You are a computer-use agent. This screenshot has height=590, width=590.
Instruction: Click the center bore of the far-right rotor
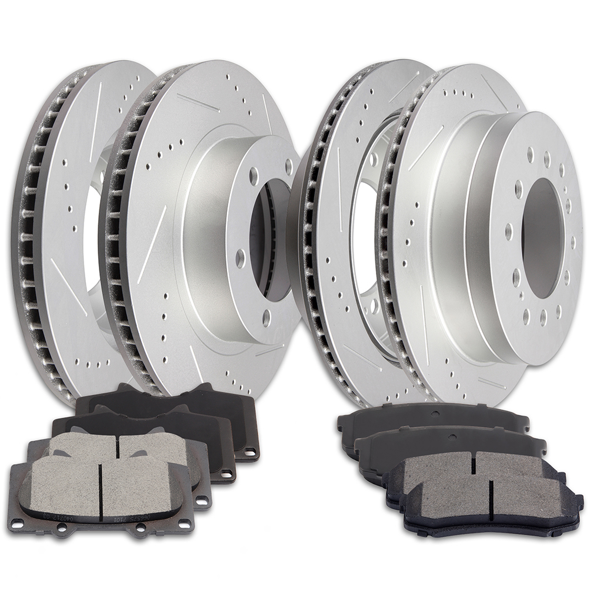(540, 238)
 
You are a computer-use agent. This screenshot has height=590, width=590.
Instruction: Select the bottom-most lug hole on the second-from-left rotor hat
(266, 318)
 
